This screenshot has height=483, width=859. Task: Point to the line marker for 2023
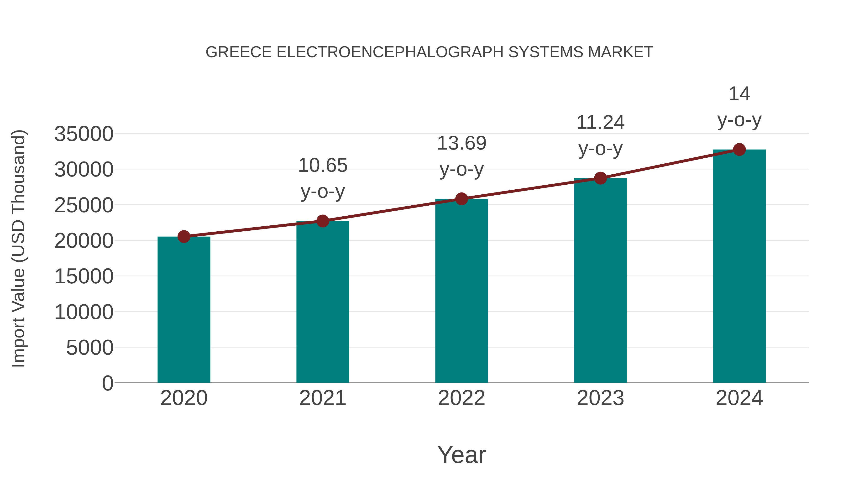coord(600,178)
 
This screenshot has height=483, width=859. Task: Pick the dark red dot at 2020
coord(184,236)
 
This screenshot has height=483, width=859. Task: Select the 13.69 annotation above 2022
coord(461,143)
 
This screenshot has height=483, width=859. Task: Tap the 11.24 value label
coord(600,122)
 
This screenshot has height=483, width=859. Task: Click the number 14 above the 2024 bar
coord(739,94)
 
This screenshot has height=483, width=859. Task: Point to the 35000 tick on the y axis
coord(84,134)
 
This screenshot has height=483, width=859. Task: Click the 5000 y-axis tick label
coord(90,348)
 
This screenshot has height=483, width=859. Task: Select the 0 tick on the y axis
coord(107,383)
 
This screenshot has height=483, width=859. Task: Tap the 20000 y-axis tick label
coord(84,241)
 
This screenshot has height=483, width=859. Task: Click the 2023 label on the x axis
coord(600,398)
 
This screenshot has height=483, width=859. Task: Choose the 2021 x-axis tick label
coord(322,398)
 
